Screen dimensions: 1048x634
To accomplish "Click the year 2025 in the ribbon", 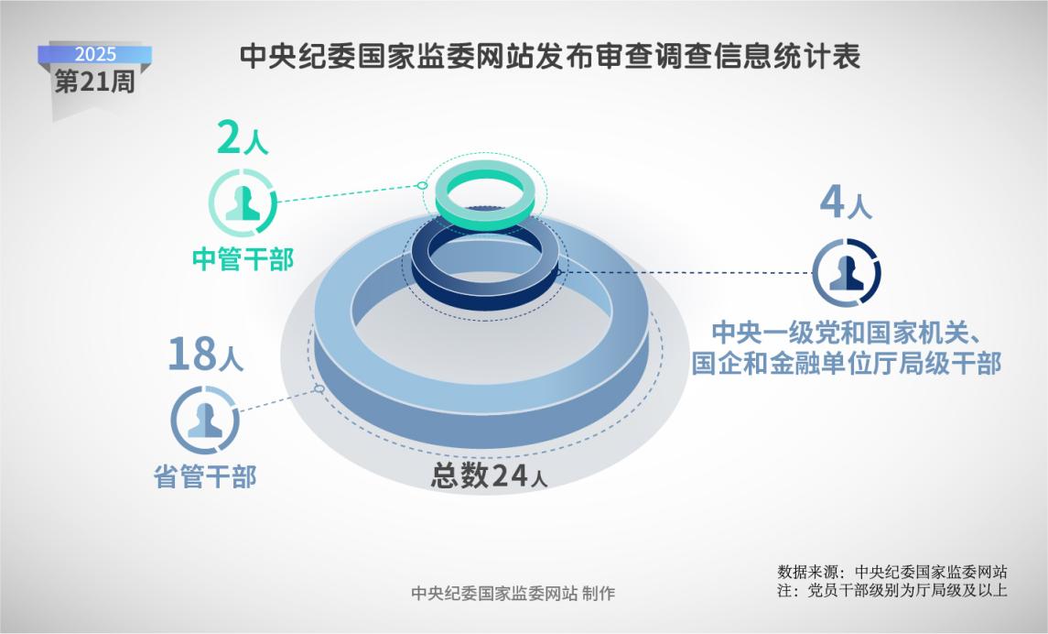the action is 95,54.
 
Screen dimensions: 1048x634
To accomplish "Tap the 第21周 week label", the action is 95,82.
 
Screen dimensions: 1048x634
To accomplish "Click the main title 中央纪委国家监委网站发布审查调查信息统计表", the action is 549,56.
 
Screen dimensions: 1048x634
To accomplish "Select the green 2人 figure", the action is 242,138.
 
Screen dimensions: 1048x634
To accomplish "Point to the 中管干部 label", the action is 243,258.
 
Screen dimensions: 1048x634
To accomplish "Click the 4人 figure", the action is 846,203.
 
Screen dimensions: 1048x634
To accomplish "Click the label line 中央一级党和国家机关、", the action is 846,332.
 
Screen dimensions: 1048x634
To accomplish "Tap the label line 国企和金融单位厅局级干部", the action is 846,363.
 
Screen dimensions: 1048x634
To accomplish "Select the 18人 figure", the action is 205,354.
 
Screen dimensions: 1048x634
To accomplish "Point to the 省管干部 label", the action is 205,476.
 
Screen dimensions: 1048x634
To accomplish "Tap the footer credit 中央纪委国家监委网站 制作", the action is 513,593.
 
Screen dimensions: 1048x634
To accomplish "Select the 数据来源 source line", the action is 891,572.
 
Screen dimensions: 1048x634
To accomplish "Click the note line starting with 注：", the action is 891,591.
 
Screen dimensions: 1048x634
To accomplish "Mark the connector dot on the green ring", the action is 422,185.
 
